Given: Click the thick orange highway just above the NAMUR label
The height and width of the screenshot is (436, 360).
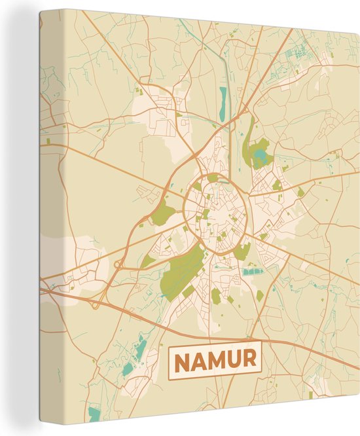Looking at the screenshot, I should [216, 333].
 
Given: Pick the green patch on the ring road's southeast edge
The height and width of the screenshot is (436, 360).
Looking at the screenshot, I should [242, 250].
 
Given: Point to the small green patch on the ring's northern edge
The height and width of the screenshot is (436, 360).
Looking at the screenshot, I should [213, 177].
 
